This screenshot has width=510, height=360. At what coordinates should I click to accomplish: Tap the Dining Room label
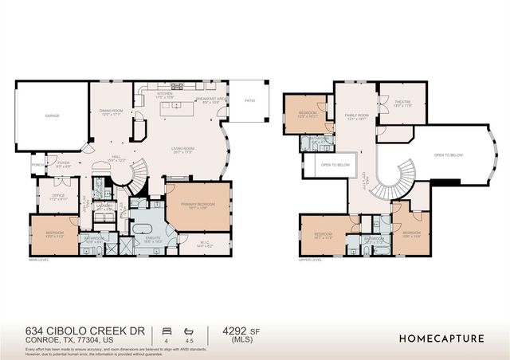(x=109, y=112)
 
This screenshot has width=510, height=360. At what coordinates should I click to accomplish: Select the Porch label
(x=37, y=166)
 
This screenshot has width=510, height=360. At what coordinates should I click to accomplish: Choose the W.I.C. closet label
(x=205, y=245)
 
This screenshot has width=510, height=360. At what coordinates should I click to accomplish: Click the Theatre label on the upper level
(x=402, y=103)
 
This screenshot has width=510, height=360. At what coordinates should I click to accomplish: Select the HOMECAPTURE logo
(x=441, y=338)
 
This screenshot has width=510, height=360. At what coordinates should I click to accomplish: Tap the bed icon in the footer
(x=166, y=330)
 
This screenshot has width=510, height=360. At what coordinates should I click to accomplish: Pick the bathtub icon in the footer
(x=188, y=330)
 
